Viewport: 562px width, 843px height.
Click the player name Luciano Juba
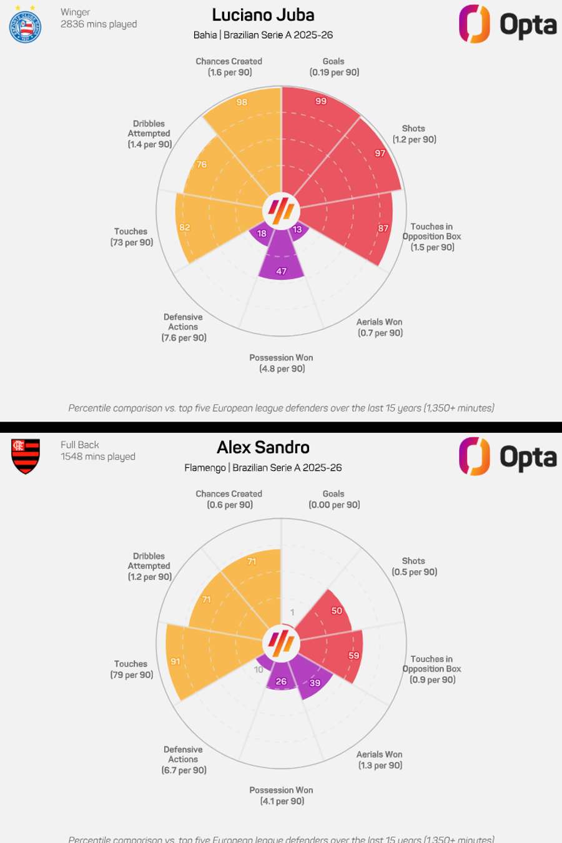tap(263, 15)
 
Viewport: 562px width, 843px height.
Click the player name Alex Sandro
tap(263, 448)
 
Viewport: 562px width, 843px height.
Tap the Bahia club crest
tap(26, 27)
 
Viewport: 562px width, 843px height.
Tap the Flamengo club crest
tap(26, 456)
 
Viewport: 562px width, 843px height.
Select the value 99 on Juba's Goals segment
tap(321, 101)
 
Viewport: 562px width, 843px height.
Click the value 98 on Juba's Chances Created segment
tap(242, 102)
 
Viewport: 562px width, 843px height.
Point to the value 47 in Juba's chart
tap(282, 272)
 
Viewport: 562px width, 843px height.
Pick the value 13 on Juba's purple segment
tap(297, 230)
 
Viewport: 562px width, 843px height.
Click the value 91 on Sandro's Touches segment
tap(175, 662)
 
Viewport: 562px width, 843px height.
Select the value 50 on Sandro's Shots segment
tap(337, 611)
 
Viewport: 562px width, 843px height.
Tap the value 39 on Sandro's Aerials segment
tap(315, 683)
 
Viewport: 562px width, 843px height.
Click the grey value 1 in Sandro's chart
tap(292, 613)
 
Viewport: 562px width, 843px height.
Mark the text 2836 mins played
tap(99, 24)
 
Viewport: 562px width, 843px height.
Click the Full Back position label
tap(80, 445)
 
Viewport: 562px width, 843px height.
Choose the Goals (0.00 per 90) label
tap(334, 500)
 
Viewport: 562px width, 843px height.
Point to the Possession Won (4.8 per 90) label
tap(282, 363)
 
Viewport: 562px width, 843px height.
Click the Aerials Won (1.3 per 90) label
tap(380, 760)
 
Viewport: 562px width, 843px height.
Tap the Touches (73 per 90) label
tap(131, 237)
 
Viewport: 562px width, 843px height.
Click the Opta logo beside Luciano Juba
tap(507, 24)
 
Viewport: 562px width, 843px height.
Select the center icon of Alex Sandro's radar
tap(281, 643)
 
